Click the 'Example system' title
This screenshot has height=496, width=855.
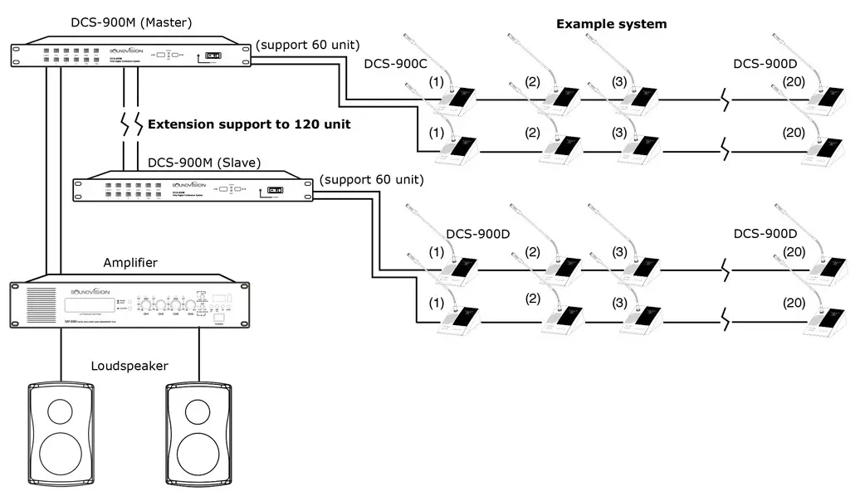click(611, 24)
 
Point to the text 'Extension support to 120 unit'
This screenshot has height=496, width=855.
click(249, 124)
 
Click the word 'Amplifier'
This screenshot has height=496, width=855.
click(130, 263)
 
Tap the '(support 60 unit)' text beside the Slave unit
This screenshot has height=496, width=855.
click(370, 179)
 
